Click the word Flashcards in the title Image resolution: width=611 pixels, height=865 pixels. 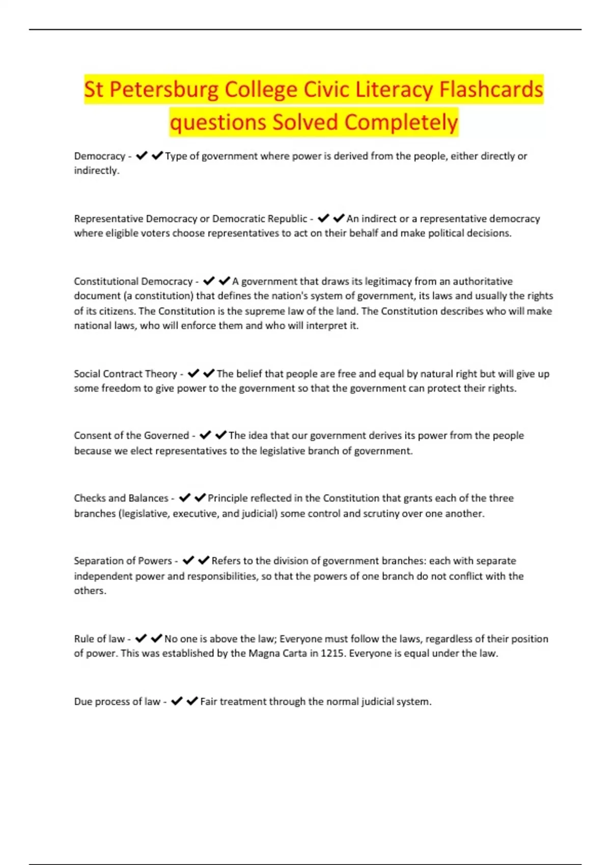tap(491, 90)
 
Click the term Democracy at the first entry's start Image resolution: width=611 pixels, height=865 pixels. tap(99, 156)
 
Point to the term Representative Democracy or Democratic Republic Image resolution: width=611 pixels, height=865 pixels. tap(190, 219)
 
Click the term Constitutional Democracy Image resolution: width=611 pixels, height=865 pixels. tap(133, 281)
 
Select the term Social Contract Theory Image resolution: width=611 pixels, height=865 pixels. tap(125, 374)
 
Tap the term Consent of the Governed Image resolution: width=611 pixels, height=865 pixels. tap(131, 436)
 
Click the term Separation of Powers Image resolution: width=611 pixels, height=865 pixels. tap(123, 561)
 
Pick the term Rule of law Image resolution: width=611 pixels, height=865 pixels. tap(99, 639)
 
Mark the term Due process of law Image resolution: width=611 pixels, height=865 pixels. tap(117, 702)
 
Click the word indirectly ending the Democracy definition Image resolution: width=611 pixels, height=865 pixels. tap(96, 170)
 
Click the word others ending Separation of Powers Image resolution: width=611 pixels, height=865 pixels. tap(90, 591)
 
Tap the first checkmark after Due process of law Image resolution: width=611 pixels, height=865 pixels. tap(177, 701)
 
